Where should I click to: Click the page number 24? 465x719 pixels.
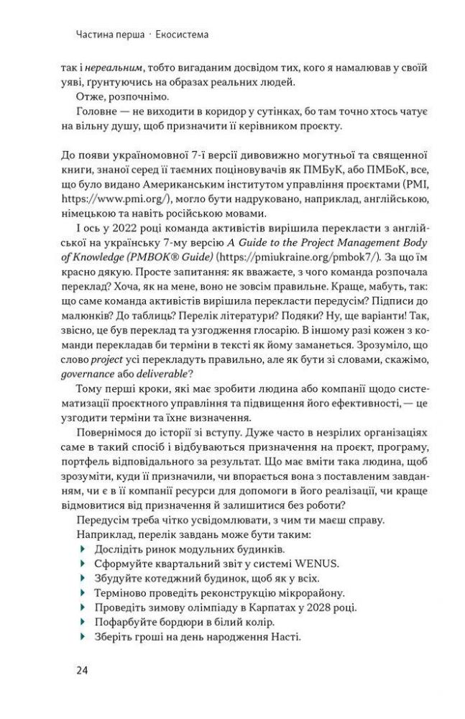pyautogui.click(x=81, y=671)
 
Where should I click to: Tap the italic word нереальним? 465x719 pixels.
pyautogui.click(x=110, y=68)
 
